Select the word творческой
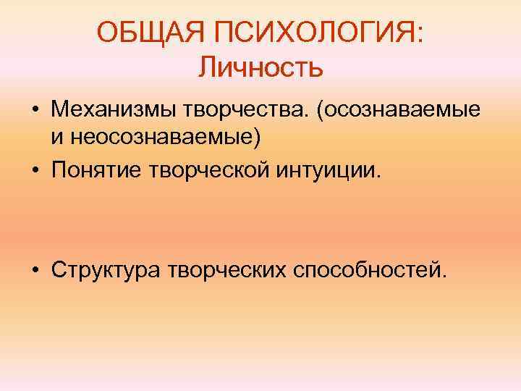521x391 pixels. pos(209,172)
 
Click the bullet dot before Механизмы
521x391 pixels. pos(35,112)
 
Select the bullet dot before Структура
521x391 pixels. pos(35,270)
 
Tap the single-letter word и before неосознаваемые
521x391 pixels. pos(56,138)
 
